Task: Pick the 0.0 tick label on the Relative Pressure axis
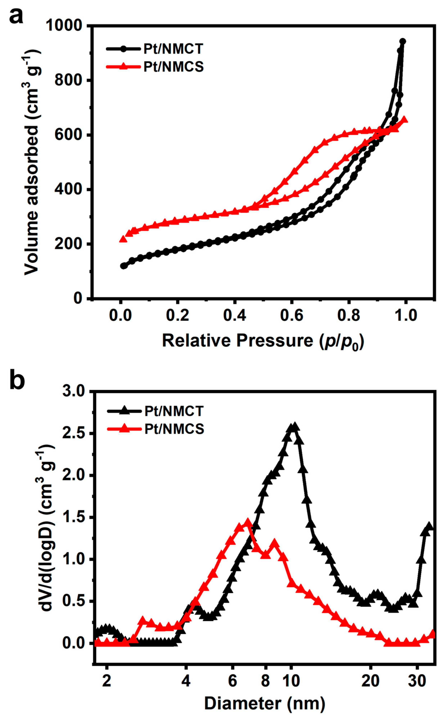120,315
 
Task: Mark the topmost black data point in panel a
402,41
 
